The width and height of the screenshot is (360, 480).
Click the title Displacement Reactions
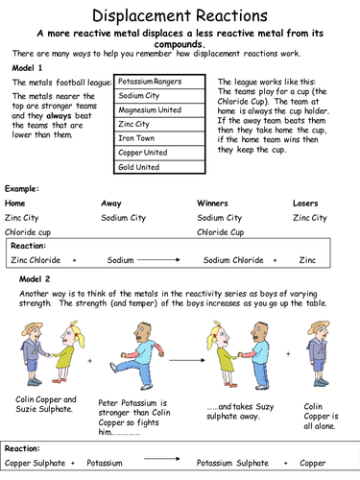180,15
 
